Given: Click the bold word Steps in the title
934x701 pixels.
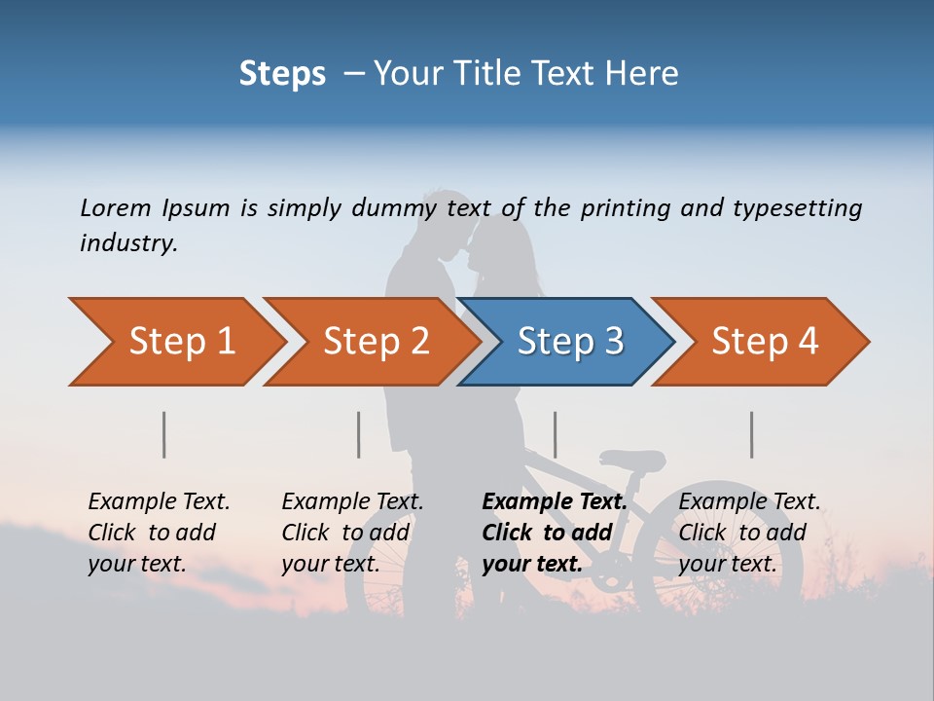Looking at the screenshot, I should pos(282,74).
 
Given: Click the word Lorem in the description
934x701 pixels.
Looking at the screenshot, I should pos(115,208).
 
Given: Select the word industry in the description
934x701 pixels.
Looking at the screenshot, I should pos(128,243).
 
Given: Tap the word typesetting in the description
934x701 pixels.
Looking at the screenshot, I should pos(797,208).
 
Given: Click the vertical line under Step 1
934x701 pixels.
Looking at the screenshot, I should pos(164,434).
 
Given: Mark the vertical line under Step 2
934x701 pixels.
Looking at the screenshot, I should pos(359,434).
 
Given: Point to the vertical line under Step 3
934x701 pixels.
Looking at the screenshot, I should pos(555,434).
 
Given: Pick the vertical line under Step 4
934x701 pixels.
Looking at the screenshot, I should pos(751,434).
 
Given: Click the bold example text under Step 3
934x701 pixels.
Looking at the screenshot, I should pos(554,533).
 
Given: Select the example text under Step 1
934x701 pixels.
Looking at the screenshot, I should pos(159,533).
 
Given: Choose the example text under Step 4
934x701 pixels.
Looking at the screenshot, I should pos(749,533).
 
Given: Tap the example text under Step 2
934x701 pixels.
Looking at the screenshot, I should pos(352,533).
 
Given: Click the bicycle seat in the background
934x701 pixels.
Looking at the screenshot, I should pos(633,460).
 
